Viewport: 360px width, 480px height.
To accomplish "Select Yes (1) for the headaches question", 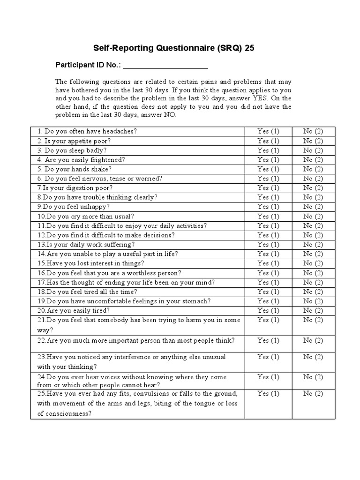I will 268,131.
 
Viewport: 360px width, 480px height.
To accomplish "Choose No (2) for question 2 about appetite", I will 313,141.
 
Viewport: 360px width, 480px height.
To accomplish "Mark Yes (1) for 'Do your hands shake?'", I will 268,169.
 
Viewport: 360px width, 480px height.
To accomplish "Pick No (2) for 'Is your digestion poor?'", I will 313,188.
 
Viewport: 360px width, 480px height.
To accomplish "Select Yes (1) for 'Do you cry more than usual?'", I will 268,217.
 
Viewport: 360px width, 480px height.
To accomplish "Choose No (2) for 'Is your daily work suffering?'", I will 313,245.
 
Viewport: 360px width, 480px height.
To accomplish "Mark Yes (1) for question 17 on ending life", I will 268,282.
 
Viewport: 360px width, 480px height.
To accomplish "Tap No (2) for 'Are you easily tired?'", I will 313,310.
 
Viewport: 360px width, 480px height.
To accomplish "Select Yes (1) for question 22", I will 268,340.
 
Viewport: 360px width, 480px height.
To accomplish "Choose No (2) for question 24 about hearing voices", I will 313,377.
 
